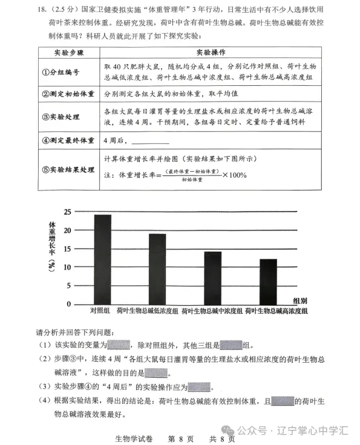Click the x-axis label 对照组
(x=100, y=310)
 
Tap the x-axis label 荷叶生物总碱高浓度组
(x=277, y=311)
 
